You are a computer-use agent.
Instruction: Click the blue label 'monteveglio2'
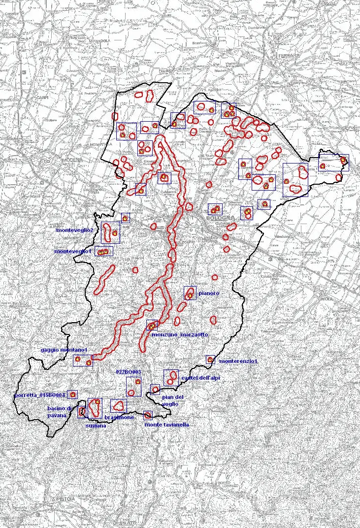pyautogui.click(x=74, y=230)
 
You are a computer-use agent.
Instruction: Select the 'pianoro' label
pyautogui.click(x=209, y=294)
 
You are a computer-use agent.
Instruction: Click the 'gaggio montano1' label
pyautogui.click(x=64, y=350)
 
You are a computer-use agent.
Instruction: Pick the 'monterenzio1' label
pyautogui.click(x=238, y=361)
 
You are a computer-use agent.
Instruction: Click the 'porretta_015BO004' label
pyautogui.click(x=40, y=396)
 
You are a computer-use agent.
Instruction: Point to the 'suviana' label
pyautogui.click(x=96, y=426)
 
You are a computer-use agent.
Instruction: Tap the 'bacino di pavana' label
pyautogui.click(x=60, y=412)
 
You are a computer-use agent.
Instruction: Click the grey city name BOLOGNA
pyautogui.click(x=220, y=218)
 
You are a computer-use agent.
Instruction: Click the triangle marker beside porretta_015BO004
pyautogui.click(x=72, y=395)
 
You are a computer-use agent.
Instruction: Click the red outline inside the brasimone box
pyautogui.click(x=118, y=405)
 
